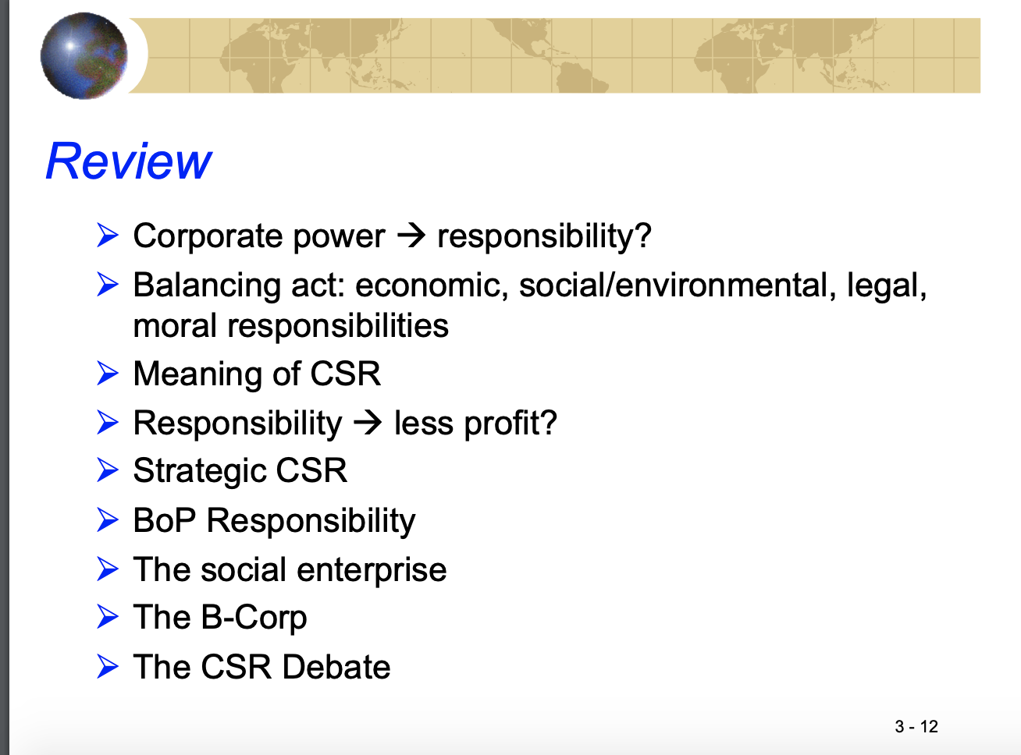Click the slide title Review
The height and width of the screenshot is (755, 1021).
(129, 161)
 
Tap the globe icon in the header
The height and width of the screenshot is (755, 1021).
(84, 55)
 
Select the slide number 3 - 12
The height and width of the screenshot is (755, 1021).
(916, 726)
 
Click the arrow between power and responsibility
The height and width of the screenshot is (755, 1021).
(411, 236)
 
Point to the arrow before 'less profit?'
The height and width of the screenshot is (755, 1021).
(368, 423)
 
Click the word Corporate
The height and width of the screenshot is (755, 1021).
(208, 236)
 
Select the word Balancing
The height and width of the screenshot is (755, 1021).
(207, 286)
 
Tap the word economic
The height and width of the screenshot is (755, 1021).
(432, 285)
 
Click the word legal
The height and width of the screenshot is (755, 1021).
(886, 286)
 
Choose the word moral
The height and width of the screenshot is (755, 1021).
(175, 326)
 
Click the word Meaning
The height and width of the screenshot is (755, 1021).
(198, 374)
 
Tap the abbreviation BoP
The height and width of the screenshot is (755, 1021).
(165, 520)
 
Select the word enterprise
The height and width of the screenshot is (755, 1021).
(372, 570)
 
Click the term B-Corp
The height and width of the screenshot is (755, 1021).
(254, 618)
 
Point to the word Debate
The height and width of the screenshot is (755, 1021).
(336, 667)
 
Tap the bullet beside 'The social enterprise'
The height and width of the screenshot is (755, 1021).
(108, 569)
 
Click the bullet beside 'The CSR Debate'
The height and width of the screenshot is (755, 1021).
(108, 666)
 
